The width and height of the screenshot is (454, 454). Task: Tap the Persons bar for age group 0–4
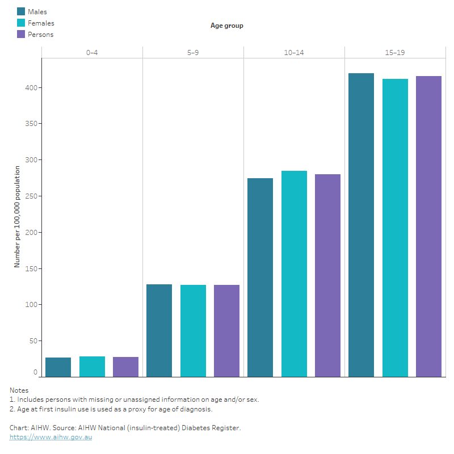125,367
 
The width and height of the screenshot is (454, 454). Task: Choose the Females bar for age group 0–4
92,367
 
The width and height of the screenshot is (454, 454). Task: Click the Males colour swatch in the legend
21,11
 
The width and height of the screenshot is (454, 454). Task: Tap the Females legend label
41,23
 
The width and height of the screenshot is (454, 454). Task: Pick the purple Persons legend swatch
21,34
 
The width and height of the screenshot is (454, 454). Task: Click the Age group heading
226,26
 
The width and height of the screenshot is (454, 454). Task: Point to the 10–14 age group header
294,52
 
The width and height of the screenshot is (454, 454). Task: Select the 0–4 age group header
92,52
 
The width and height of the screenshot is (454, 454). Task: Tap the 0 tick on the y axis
35,372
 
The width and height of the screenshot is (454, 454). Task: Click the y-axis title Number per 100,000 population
17,217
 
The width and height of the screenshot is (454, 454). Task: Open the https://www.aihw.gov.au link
51,438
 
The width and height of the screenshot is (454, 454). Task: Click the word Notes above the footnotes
19,390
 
